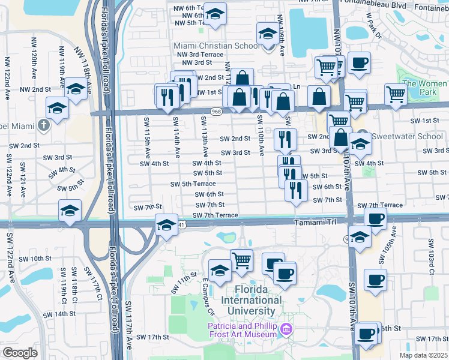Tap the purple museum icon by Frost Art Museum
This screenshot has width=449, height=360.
(286, 329)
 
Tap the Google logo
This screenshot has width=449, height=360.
(20, 353)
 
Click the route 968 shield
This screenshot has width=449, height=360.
(215, 112)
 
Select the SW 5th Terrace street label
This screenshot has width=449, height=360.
(193, 184)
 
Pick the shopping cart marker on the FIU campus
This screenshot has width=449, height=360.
(241, 259)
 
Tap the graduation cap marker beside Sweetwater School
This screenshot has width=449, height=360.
(360, 144)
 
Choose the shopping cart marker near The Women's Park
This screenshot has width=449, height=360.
(396, 94)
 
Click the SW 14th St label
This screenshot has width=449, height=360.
(64, 314)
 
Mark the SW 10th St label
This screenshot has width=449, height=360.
(40, 259)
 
